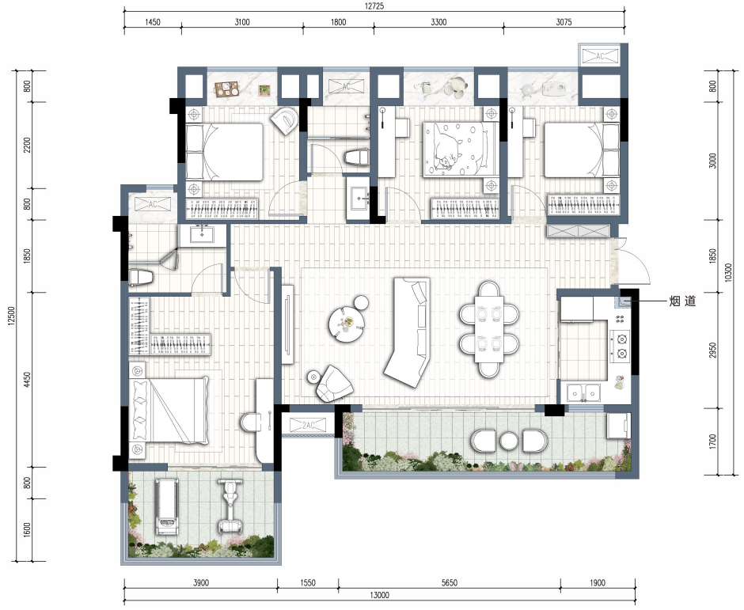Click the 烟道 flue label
click(682, 301)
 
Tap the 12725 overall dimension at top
click(374, 6)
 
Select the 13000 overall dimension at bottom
click(379, 595)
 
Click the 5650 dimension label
click(449, 582)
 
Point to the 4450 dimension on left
click(28, 380)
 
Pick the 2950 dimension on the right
click(712, 350)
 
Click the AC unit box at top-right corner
click(600, 56)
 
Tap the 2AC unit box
click(308, 425)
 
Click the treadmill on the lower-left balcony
click(168, 506)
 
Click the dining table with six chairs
click(489, 329)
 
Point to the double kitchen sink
click(584, 393)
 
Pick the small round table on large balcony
click(509, 441)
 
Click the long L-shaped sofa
click(409, 332)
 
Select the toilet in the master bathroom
click(252, 422)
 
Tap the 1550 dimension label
click(307, 582)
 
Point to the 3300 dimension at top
click(438, 22)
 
